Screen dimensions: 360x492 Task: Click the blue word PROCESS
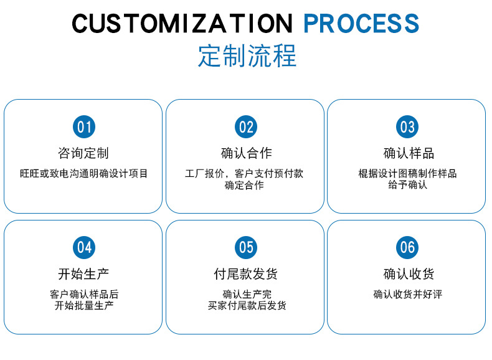361,24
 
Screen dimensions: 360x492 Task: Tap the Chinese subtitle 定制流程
247,55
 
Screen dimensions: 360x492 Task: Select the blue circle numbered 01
84,127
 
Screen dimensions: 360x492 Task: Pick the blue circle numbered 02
246,127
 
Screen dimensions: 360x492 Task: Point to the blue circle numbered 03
407,127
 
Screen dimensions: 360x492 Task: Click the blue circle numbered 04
84,247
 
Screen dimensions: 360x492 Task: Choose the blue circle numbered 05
246,247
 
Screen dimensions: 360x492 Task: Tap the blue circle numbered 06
407,247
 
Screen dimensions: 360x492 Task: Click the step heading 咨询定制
83,153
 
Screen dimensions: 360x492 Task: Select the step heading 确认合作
246,153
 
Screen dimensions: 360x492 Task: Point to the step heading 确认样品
408,153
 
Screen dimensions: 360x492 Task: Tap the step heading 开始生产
83,274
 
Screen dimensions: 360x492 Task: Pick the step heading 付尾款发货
246,274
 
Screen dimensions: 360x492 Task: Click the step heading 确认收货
408,274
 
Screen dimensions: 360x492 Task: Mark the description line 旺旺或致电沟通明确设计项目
83,173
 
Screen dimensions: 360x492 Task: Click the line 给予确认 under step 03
408,185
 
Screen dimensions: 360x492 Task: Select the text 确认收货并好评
408,294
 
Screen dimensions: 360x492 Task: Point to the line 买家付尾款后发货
247,306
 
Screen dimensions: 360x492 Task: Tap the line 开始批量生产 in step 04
83,306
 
